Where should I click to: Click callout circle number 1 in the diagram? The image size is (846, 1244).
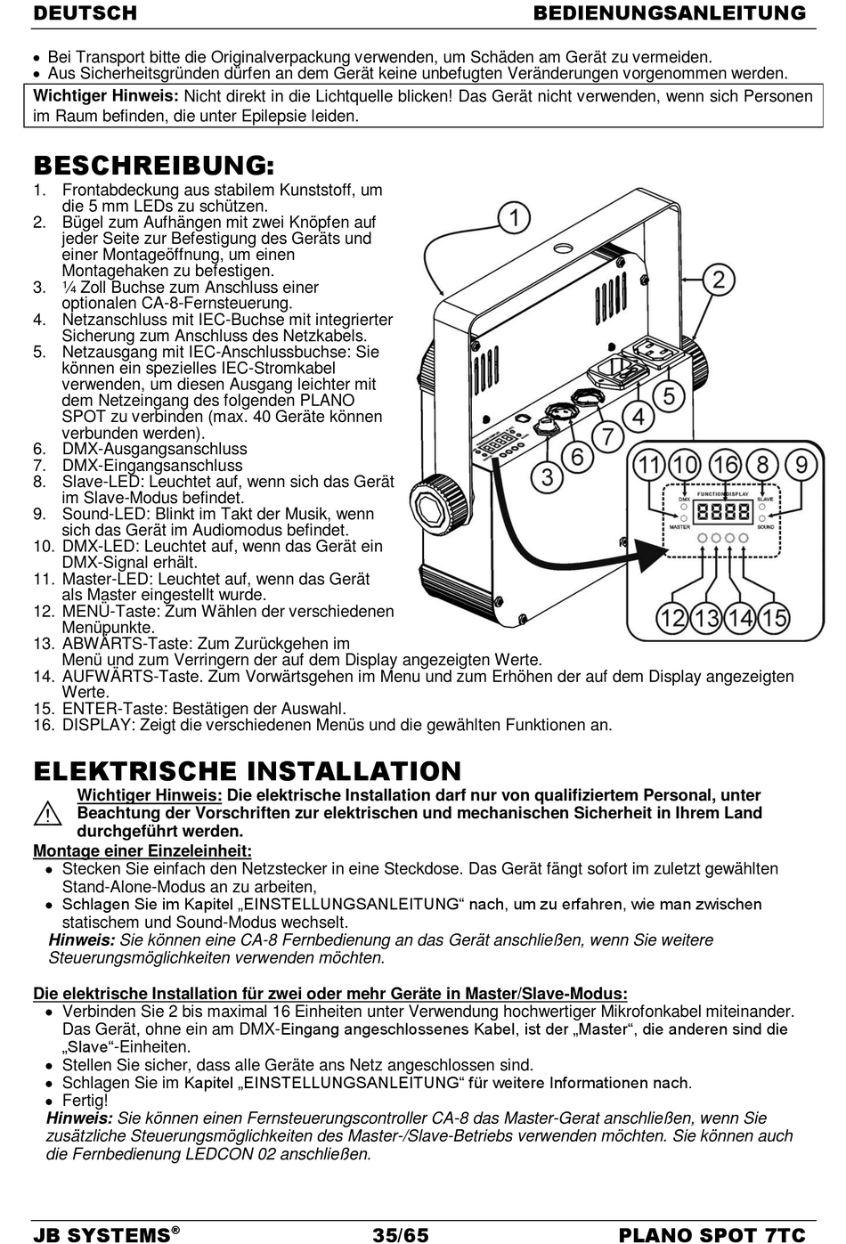514,217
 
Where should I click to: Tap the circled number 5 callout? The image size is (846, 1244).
669,395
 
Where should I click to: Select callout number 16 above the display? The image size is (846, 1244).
725,464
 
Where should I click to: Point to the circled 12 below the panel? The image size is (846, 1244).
673,617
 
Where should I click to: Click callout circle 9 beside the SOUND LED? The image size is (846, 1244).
802,464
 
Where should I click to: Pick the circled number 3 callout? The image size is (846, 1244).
547,476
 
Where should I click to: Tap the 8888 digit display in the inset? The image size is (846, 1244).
722,512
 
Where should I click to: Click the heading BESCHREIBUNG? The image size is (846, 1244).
154,166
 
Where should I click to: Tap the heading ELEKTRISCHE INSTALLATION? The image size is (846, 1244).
248,770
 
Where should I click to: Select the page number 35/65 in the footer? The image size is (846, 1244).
401,1234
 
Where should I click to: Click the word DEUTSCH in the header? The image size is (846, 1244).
85,12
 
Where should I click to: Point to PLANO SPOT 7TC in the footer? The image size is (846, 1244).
712,1234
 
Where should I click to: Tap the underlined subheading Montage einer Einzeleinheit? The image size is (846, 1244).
142,850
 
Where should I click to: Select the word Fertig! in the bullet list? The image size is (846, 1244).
85,1101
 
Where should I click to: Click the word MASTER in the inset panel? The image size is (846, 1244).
679,527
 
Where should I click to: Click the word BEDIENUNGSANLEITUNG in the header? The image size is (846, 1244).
670,12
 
